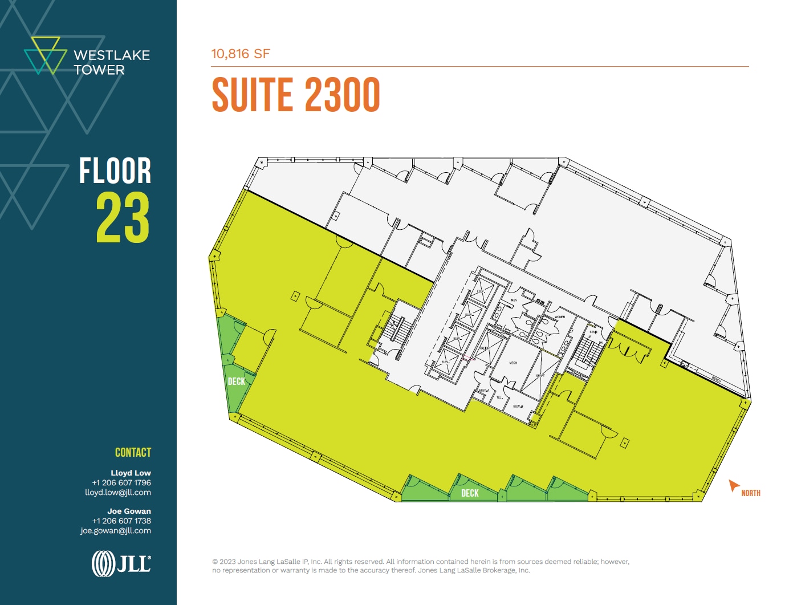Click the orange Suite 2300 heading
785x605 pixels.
[295, 95]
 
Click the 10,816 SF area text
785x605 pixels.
[240, 54]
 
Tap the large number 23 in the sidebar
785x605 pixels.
[123, 217]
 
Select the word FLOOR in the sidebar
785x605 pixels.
[115, 171]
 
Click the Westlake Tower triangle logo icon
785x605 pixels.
[45, 55]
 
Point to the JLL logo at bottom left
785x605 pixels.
[121, 563]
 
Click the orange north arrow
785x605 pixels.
[734, 486]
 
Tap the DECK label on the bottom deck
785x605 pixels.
[470, 493]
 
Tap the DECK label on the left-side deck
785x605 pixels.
[236, 381]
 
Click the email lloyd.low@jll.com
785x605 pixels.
[118, 493]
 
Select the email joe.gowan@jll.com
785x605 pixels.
[116, 531]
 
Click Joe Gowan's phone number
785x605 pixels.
[121, 521]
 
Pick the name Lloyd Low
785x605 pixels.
[131, 473]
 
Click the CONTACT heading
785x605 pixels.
[133, 453]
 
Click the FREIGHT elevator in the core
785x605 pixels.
[485, 348]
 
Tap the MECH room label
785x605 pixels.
[513, 363]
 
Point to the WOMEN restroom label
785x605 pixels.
[560, 317]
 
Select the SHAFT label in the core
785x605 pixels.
[540, 376]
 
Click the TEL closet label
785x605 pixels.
[499, 397]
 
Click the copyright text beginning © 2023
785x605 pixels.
[421, 566]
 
